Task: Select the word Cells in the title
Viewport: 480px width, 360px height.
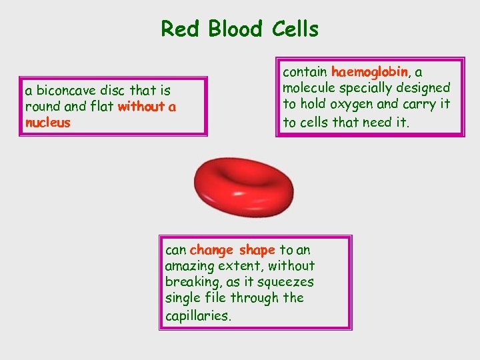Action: point(295,29)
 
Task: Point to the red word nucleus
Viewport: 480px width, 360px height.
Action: point(47,122)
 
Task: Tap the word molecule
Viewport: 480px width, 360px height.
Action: point(310,87)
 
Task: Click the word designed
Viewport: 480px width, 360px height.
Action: point(424,87)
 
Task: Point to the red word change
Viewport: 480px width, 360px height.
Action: point(211,250)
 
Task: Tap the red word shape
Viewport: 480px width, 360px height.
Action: point(257,250)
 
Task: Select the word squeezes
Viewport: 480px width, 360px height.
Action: point(283,282)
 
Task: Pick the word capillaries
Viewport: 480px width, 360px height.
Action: point(198,315)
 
